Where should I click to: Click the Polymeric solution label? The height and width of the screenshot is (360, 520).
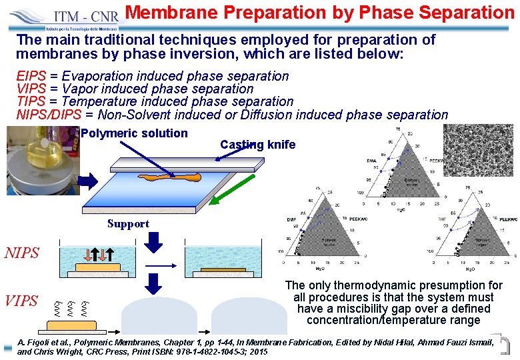134,133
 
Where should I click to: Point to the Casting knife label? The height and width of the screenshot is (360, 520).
257,145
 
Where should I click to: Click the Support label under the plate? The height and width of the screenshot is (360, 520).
128,223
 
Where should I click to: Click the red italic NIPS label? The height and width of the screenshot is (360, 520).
22,253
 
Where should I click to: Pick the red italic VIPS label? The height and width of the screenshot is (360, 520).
21,301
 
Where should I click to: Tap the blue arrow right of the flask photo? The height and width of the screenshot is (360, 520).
88,180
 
